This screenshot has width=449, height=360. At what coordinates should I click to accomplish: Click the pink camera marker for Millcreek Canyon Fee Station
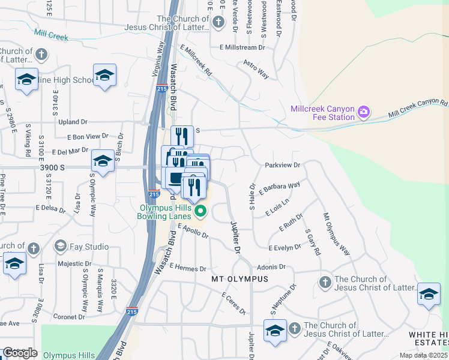tap(363, 112)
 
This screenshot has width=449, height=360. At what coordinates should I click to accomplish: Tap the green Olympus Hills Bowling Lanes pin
tap(201, 211)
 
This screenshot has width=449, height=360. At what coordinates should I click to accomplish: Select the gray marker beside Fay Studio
tap(60, 246)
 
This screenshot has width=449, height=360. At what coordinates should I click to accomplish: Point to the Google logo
tap(19, 353)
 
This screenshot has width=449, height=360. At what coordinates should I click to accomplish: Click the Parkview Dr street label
tap(282, 164)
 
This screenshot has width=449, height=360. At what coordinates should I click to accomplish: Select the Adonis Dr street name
tap(271, 266)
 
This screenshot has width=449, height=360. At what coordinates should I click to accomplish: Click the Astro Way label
tap(255, 69)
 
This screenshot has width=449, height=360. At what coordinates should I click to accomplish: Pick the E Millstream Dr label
tap(242, 47)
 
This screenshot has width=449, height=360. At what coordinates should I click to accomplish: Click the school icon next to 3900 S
tap(103, 161)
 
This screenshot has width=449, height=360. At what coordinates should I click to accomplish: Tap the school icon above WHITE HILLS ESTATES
tap(428, 294)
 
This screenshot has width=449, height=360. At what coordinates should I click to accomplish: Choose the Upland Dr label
tap(73, 122)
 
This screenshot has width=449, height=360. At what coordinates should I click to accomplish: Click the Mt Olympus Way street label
tap(336, 233)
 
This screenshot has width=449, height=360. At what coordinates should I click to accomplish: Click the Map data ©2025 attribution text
tap(424, 355)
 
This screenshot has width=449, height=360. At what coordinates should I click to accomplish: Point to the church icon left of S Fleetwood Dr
tap(218, 22)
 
